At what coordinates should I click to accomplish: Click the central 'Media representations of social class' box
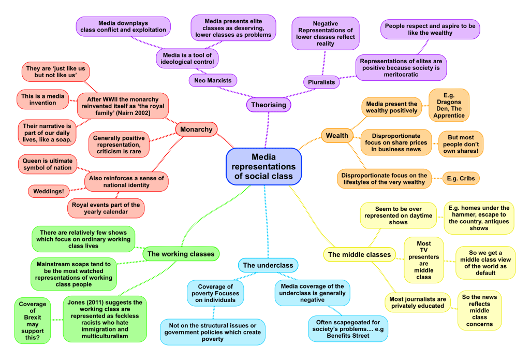[263, 166]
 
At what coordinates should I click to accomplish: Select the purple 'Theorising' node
[268, 105]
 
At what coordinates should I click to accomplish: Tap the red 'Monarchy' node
[196, 129]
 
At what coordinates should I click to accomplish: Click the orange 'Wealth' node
[337, 136]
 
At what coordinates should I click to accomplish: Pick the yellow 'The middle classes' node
[359, 254]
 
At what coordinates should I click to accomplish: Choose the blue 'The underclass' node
[268, 265]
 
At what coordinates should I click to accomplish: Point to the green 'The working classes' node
[181, 254]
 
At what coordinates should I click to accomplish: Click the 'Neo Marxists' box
[213, 80]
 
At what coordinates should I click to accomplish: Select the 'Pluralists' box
[321, 82]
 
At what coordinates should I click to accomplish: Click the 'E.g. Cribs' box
[461, 178]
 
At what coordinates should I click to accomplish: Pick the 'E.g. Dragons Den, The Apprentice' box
[449, 105]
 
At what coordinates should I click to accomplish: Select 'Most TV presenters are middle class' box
[423, 261]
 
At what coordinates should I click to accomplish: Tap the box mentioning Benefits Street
[347, 329]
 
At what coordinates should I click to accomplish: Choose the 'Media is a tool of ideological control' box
[187, 58]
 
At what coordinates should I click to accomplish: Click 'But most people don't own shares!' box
[460, 144]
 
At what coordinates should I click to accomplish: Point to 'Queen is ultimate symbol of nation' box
[47, 165]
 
